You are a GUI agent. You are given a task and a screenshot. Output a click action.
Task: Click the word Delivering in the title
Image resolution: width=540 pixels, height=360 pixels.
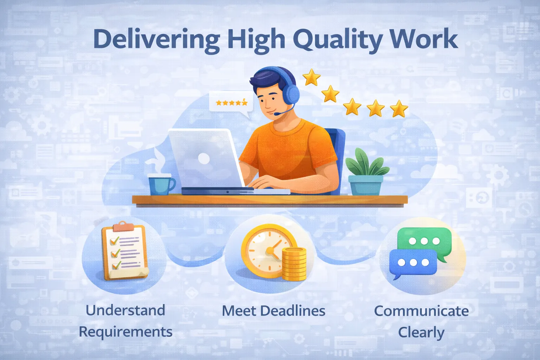[156, 39]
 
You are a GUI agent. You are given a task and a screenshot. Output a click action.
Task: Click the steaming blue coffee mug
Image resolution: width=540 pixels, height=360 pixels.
[161, 185]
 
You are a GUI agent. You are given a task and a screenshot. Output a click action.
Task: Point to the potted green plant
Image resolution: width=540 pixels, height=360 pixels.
[366, 172]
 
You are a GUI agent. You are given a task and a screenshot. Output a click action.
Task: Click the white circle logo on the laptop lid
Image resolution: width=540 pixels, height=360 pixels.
[204, 158]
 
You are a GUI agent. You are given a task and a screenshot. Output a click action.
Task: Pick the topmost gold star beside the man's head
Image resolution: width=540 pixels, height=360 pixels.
[311, 77]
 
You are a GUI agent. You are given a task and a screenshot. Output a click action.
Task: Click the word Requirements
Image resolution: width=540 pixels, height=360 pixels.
[126, 332]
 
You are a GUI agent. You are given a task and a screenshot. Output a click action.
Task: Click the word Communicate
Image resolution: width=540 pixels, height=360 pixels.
[421, 311]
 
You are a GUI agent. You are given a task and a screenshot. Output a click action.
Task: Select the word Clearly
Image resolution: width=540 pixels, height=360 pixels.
[421, 333]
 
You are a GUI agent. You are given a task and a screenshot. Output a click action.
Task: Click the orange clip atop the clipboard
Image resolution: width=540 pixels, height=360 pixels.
[122, 226]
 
